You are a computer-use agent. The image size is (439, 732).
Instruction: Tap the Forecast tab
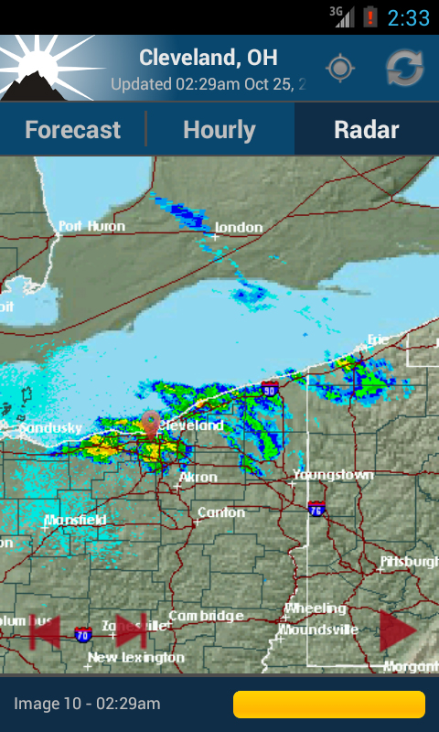(72, 130)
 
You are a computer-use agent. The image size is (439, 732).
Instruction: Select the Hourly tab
(219, 130)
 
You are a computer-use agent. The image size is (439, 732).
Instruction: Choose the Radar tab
(367, 130)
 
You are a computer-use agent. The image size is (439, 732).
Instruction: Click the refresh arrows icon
(404, 69)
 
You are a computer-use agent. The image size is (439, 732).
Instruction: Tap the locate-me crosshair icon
(340, 69)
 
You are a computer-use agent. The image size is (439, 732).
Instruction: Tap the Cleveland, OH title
(208, 58)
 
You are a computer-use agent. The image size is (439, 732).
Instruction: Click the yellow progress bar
(329, 705)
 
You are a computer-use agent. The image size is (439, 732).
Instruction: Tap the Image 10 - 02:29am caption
(87, 704)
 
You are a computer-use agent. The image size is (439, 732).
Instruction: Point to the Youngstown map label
(334, 475)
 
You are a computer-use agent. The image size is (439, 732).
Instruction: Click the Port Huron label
(92, 226)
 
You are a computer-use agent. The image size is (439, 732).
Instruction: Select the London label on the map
(239, 227)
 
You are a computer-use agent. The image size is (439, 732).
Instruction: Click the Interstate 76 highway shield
(316, 508)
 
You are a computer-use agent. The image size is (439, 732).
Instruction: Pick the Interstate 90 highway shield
(269, 390)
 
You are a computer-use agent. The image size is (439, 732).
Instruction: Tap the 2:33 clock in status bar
(408, 17)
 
